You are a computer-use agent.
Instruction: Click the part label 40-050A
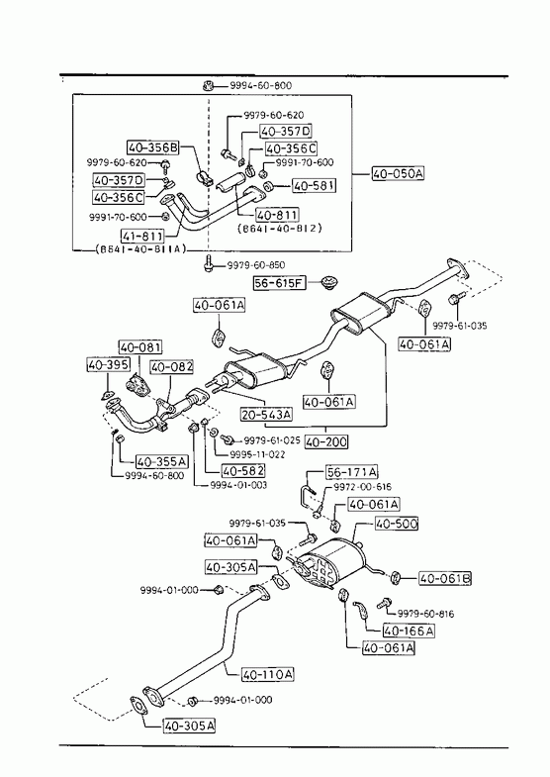[x=398, y=173]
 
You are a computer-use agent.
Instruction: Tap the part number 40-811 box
[x=277, y=215]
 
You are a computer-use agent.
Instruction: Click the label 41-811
[x=142, y=236]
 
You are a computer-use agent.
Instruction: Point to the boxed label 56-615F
[x=279, y=283]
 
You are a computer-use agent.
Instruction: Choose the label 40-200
[x=326, y=441]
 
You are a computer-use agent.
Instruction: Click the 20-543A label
[x=266, y=414]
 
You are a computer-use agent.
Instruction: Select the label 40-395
[x=109, y=364]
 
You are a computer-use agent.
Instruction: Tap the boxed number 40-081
[x=140, y=346]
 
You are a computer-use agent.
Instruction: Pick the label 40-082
[x=172, y=366]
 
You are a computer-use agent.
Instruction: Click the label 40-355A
[x=162, y=462]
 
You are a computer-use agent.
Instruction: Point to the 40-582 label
[x=243, y=470]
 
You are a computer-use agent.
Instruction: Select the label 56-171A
[x=352, y=472]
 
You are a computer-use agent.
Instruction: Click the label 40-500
[x=397, y=524]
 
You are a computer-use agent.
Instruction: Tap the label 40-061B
[x=445, y=578]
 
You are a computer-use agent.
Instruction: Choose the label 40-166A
[x=409, y=631]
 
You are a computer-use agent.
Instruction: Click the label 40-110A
[x=267, y=674]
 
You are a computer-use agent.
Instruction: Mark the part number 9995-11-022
[x=257, y=454]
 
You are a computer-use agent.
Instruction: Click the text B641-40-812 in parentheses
[x=280, y=229]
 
